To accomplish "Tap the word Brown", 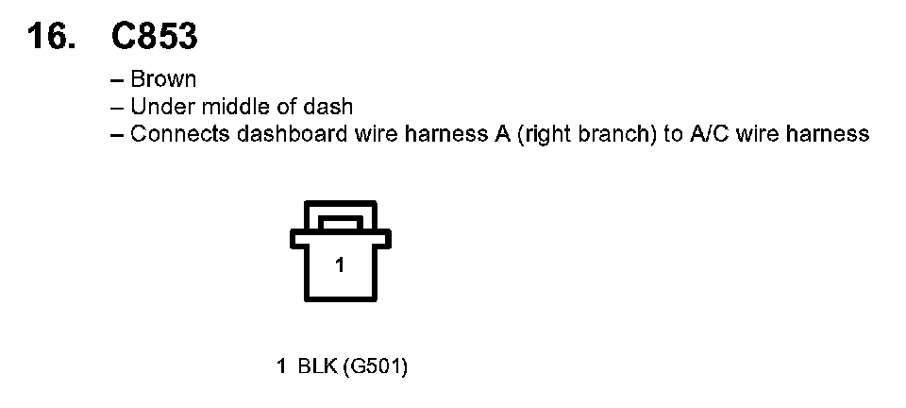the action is [x=163, y=80].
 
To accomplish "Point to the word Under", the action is [x=157, y=107].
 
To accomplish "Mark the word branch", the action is [x=616, y=133].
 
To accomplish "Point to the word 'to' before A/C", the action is [x=673, y=133].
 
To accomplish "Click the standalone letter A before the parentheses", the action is [x=502, y=133].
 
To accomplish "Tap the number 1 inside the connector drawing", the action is [x=340, y=265].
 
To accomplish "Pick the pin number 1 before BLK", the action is [x=280, y=366].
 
